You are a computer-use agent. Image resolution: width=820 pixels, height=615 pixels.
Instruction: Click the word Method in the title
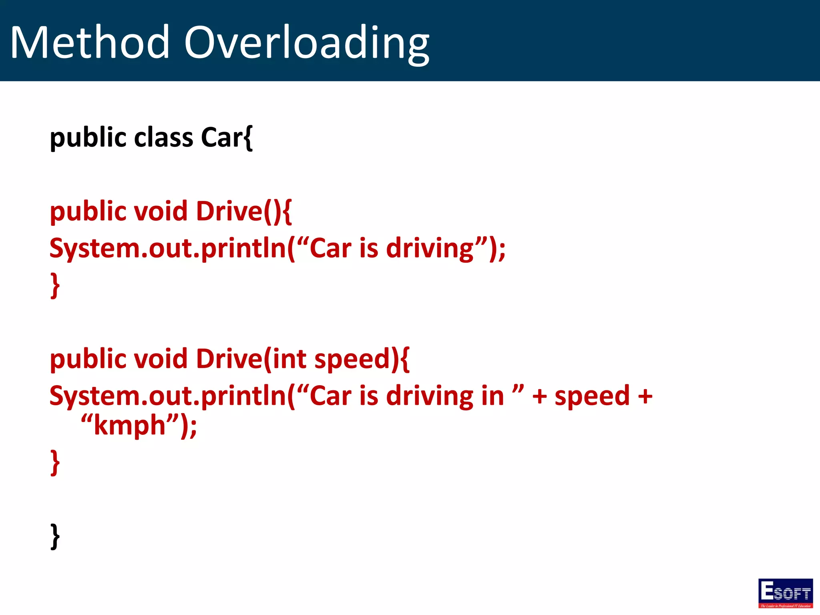coord(90,42)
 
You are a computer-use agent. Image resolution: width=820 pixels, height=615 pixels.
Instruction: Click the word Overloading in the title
coord(306,43)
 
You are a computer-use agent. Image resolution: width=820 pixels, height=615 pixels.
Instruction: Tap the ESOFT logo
coord(785,593)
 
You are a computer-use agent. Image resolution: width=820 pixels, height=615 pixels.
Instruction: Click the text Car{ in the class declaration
coord(227,137)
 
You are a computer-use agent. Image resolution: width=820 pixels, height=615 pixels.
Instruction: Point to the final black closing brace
coord(55,536)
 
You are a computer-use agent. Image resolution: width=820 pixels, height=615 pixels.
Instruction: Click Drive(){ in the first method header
coord(243,211)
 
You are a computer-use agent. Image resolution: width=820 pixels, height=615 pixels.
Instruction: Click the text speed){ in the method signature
coord(362,359)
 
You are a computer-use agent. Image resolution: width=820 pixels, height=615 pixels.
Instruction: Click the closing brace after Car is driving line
coord(55,285)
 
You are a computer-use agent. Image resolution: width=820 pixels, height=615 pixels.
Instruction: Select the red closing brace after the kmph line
coord(55,462)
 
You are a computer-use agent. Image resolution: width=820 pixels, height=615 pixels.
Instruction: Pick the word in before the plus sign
coord(492,396)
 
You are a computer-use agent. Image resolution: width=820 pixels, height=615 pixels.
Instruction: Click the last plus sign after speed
coord(645,396)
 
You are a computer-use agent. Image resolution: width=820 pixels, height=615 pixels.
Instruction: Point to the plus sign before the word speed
coord(539,396)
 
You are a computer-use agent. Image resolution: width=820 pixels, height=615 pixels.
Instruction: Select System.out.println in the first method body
coord(172,249)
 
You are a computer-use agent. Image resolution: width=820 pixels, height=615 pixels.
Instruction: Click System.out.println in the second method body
coord(172,396)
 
